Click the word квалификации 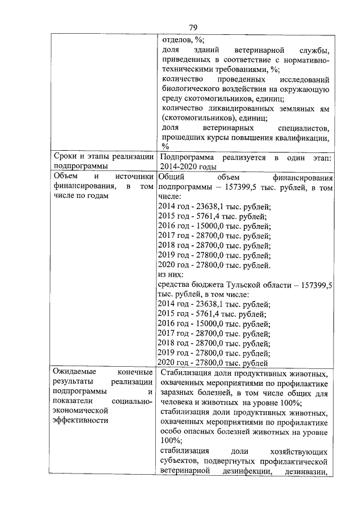point(300,138)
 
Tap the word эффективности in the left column point(79,419)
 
